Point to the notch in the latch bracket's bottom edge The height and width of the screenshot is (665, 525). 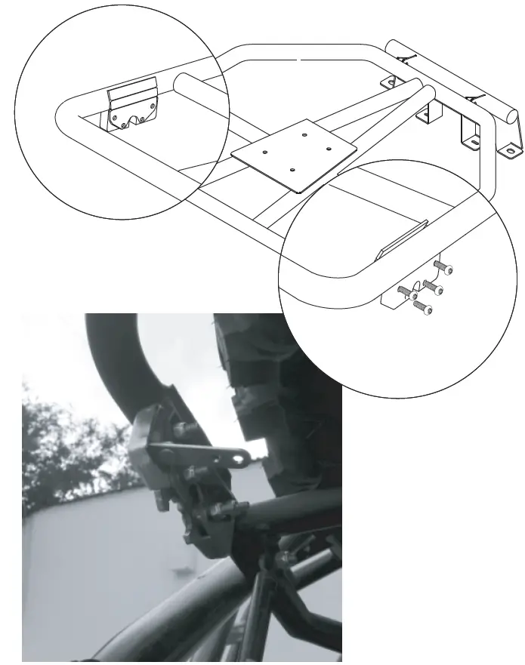(136, 119)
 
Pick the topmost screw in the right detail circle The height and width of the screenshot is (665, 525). (443, 266)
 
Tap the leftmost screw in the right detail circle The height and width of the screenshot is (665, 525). (403, 289)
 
